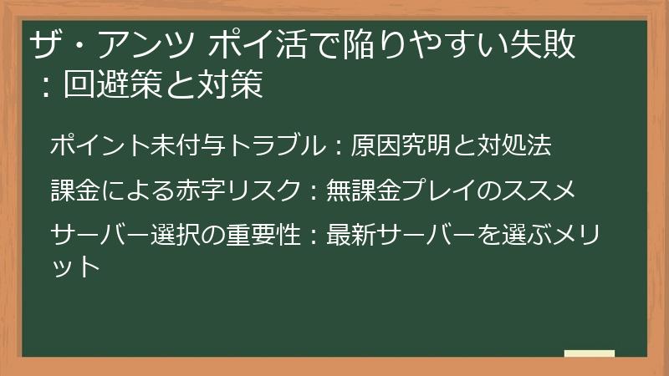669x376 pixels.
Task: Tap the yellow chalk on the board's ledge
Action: [590, 353]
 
